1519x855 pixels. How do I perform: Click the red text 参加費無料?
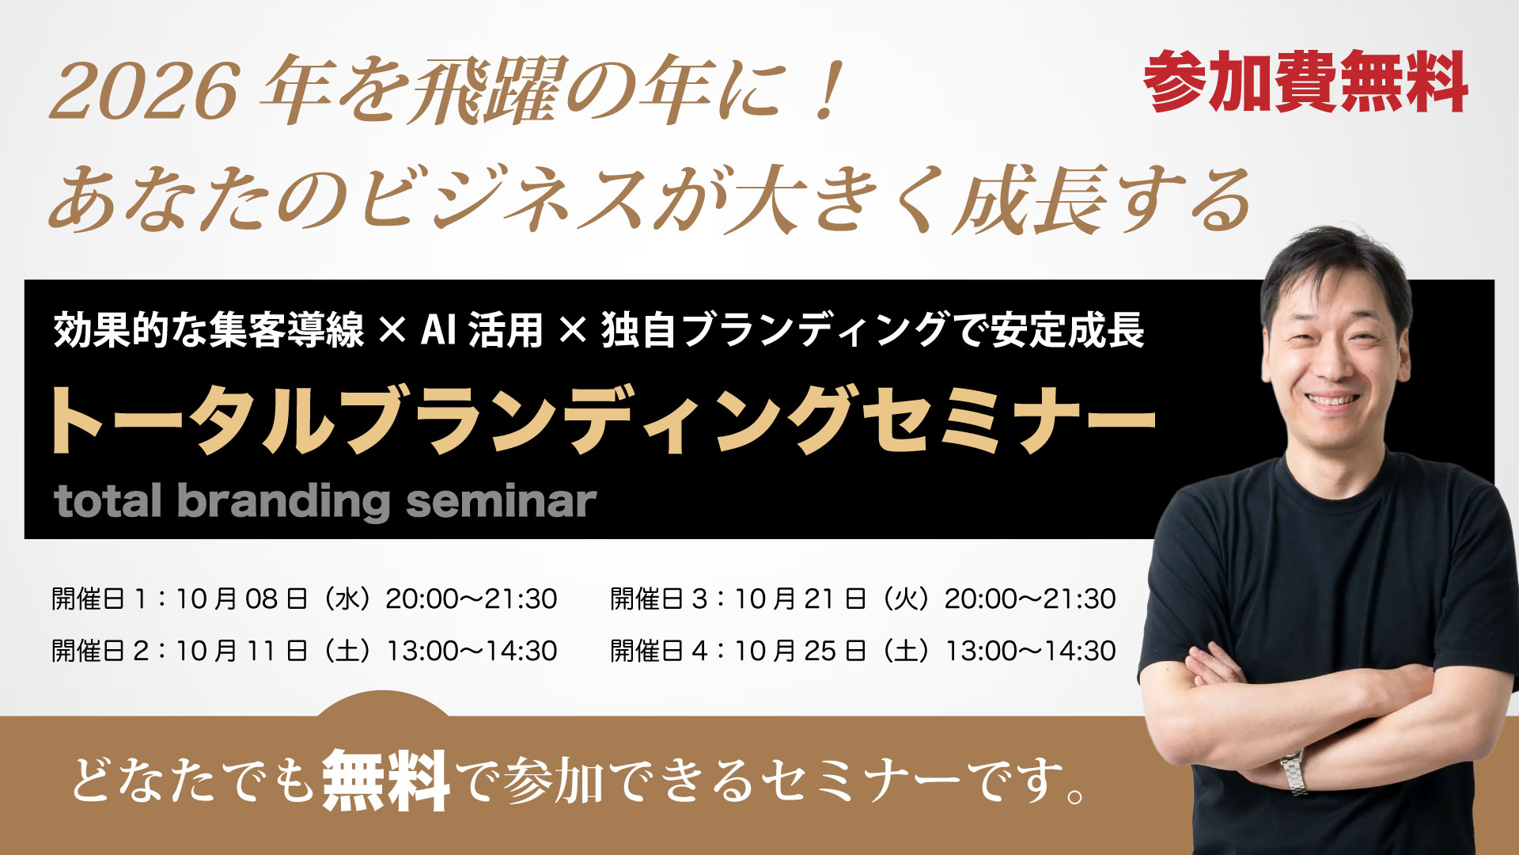(1305, 82)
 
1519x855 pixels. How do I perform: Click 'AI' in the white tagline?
(438, 329)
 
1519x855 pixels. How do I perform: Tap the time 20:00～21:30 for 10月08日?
(472, 598)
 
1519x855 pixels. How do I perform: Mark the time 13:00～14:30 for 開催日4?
(1031, 651)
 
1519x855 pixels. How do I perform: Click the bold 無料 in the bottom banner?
(386, 780)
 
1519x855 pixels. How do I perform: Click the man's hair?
(1337, 265)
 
